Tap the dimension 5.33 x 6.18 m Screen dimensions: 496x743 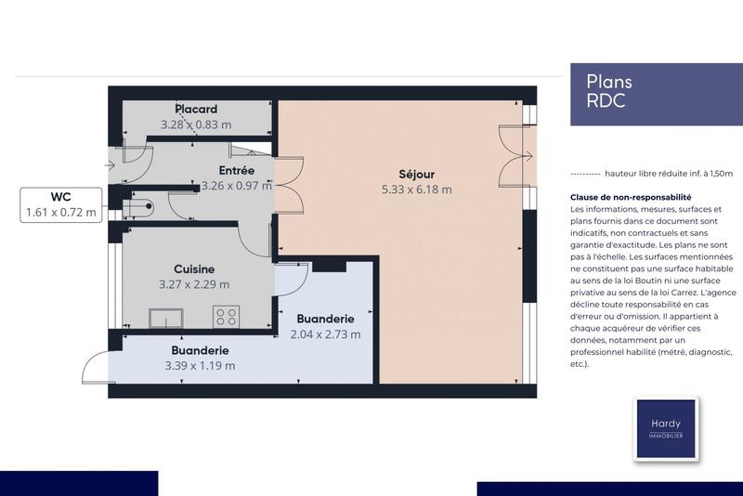[x=416, y=189]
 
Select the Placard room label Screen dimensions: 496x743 [x=196, y=110]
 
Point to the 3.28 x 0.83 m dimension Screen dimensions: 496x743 [x=196, y=124]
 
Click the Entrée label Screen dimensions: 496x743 [x=236, y=171]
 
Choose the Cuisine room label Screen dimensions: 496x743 [x=194, y=269]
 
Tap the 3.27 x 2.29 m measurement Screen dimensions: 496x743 [x=194, y=285]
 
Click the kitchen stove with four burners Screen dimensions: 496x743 [x=227, y=317]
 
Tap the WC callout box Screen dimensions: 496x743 [x=60, y=205]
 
